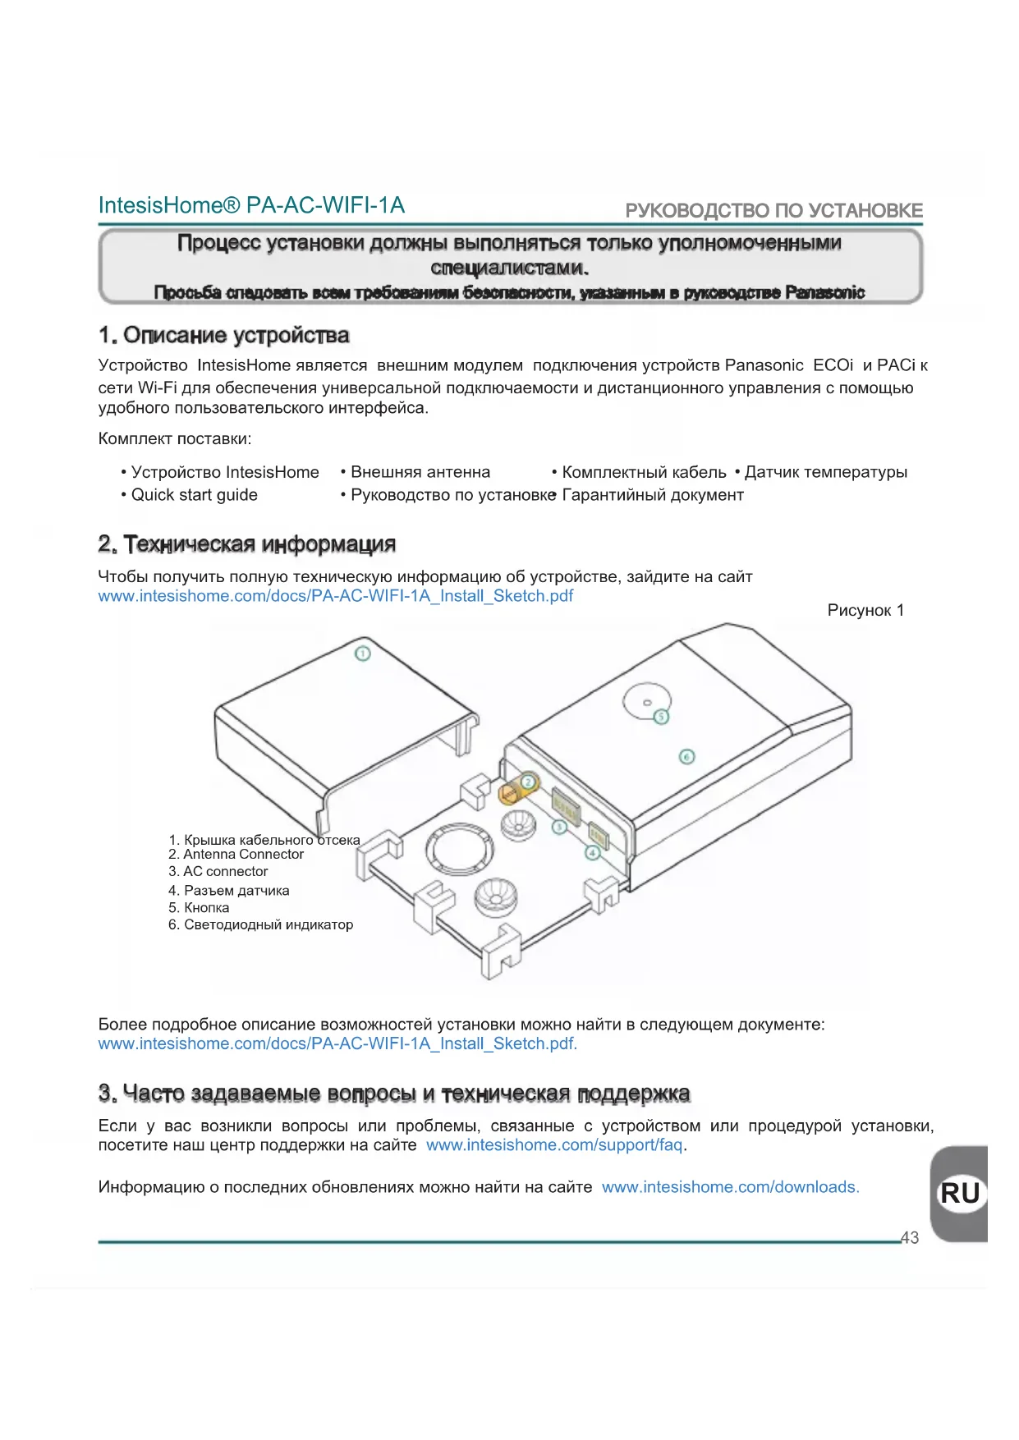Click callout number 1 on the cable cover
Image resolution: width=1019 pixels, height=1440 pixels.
(x=362, y=654)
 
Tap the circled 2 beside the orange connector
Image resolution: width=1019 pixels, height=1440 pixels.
(x=530, y=782)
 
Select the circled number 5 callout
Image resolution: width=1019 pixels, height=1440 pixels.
(x=661, y=717)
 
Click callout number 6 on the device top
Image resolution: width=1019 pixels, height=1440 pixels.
(x=687, y=756)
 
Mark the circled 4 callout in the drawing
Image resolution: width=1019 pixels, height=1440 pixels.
(x=593, y=853)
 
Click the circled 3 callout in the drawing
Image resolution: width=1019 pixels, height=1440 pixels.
(x=559, y=827)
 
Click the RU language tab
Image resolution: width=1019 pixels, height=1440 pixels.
(x=960, y=1193)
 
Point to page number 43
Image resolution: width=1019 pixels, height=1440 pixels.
(x=910, y=1238)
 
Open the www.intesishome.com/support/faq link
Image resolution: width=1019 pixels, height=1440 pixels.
(x=554, y=1145)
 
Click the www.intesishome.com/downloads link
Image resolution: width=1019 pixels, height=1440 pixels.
(x=730, y=1187)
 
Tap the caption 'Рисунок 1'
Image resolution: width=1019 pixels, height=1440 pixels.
(x=865, y=610)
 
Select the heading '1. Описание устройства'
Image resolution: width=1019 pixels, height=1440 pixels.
(x=224, y=335)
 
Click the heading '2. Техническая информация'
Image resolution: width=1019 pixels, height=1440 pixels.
(x=247, y=544)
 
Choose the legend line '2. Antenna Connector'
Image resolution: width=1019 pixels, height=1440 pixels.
(x=236, y=855)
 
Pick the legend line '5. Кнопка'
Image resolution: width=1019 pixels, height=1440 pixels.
(x=199, y=908)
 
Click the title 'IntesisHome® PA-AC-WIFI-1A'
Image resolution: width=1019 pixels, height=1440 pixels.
(x=251, y=205)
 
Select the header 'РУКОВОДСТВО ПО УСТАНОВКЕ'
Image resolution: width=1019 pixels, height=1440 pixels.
(x=773, y=211)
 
